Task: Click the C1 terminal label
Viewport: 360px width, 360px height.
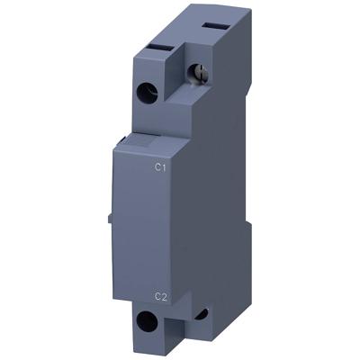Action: [x=160, y=166]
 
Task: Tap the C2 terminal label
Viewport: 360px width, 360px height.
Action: [x=160, y=294]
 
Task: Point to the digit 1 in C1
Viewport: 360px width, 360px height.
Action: [x=164, y=166]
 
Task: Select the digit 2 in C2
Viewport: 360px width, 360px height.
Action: [x=164, y=294]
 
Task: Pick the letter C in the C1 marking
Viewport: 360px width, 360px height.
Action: [x=157, y=166]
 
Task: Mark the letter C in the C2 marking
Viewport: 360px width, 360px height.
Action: [x=157, y=294]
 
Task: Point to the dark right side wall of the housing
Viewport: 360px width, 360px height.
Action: [x=216, y=198]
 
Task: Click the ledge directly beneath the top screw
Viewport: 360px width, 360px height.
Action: [x=194, y=99]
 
